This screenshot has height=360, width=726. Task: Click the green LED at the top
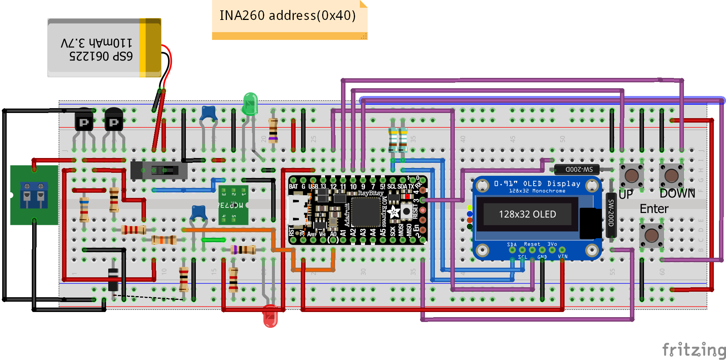[250, 104]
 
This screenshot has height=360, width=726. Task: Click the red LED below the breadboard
[270, 316]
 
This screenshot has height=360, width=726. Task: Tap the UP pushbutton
[631, 176]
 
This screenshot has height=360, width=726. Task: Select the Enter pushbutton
[651, 235]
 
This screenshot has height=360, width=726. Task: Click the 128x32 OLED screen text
[527, 214]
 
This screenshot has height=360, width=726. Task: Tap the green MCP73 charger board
[233, 205]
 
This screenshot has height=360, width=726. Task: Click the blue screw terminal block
[34, 195]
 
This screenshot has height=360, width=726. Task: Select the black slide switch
[159, 170]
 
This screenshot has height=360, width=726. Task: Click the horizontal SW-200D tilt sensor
[579, 169]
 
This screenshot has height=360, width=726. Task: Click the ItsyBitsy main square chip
[366, 212]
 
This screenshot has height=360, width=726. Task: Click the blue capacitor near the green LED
[208, 113]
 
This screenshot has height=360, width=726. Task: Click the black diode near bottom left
[113, 279]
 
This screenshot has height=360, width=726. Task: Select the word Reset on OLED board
[532, 244]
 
